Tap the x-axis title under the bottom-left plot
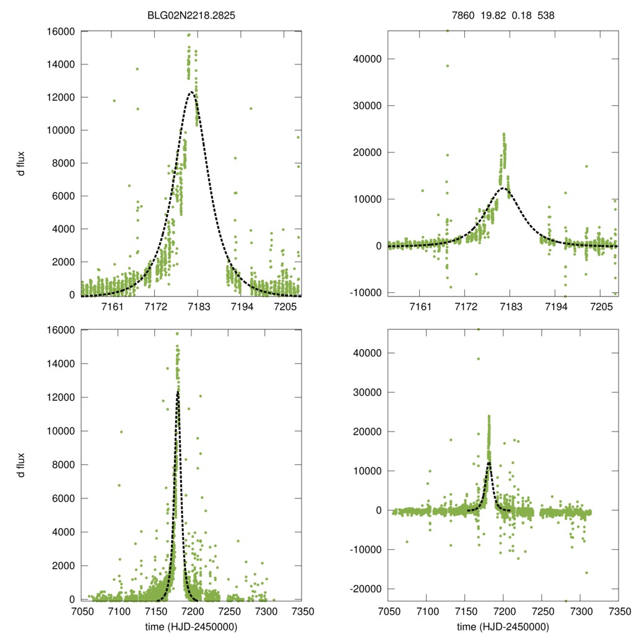191,627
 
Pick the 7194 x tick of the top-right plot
555,306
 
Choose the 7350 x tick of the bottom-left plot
302,612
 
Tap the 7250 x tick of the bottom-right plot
542,612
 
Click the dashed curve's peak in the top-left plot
192,92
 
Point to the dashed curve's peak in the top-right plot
503,188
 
